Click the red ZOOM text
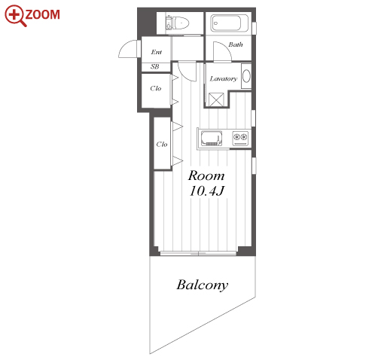(42, 14)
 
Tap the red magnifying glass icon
(15, 16)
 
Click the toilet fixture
(177, 23)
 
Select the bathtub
(230, 23)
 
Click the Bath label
(236, 44)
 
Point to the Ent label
(157, 52)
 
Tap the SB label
(154, 66)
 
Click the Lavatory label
(223, 79)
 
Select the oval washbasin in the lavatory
(246, 76)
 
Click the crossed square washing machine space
(216, 99)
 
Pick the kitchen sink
(212, 139)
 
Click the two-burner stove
(240, 139)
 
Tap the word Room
(206, 175)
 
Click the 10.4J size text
(207, 191)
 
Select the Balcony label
(203, 285)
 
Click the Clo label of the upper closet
(156, 88)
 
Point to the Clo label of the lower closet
(162, 145)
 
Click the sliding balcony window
(198, 253)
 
